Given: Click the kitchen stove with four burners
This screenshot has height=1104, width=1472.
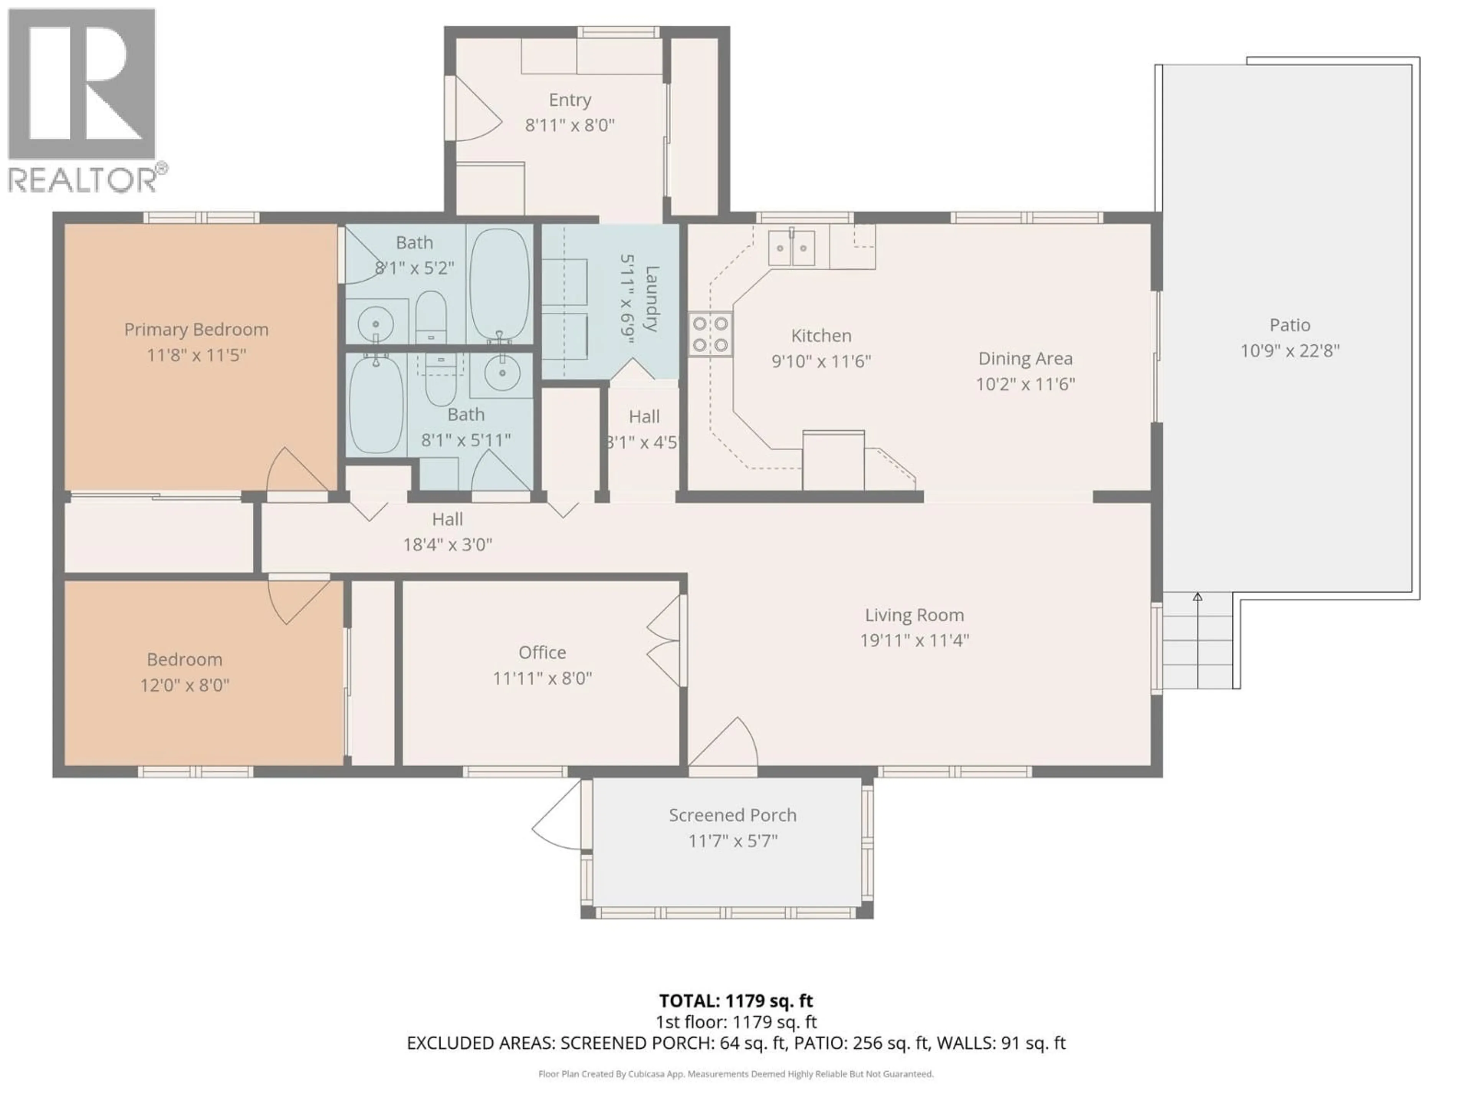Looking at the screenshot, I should coord(710,334).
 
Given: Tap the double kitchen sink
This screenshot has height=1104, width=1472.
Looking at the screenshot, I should coord(792,248).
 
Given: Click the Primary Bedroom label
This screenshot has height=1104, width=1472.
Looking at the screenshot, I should coord(196,329).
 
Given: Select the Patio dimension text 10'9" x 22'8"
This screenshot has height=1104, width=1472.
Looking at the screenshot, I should coord(1290,351).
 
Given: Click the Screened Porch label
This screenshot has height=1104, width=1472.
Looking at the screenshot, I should coord(732,815).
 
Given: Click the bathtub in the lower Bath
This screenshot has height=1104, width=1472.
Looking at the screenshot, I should coord(376,404).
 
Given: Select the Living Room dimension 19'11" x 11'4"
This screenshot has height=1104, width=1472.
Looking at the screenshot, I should coord(914,640).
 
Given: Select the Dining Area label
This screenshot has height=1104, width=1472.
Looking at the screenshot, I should coord(1025,359).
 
